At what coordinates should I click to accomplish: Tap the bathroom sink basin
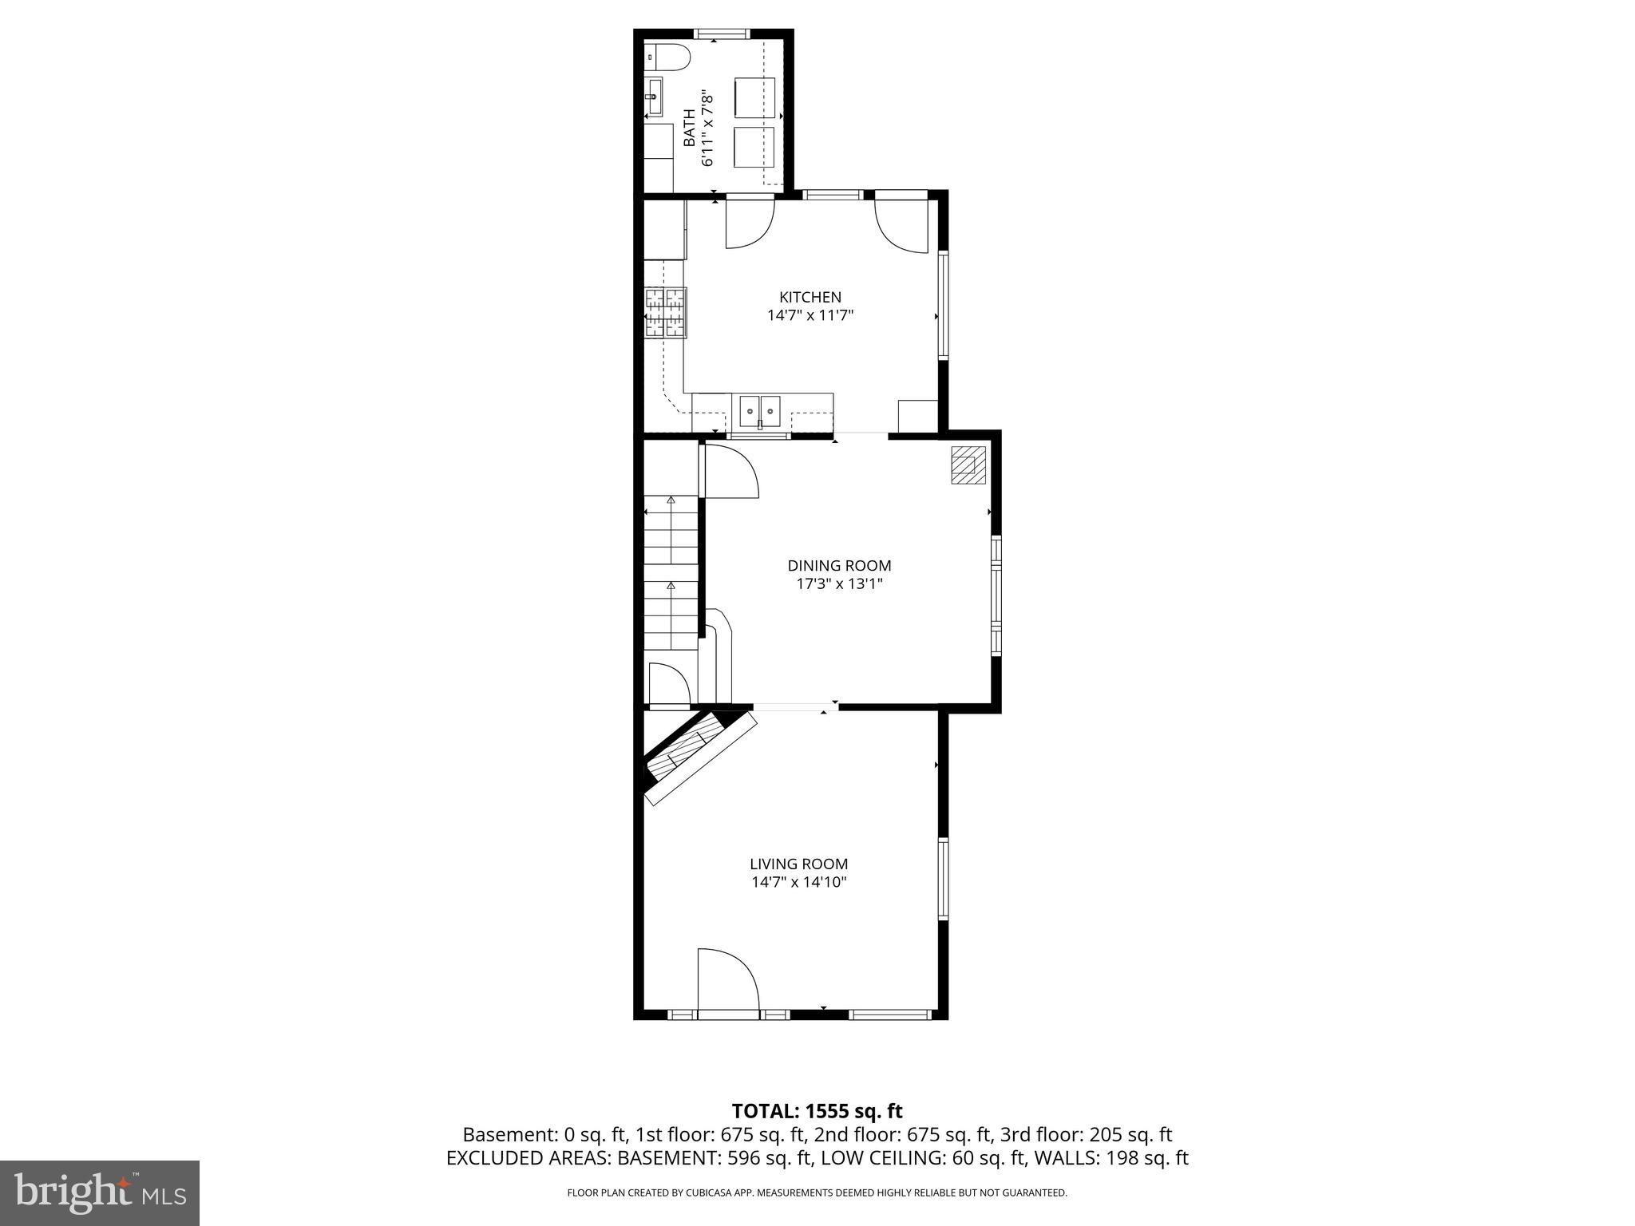(x=653, y=97)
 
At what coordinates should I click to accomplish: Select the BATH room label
(x=688, y=128)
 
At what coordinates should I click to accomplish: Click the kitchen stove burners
(x=665, y=312)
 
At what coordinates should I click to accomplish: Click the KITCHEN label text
(x=810, y=297)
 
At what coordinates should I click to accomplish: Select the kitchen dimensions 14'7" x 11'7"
(x=810, y=315)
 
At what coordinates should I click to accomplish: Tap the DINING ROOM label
(x=839, y=565)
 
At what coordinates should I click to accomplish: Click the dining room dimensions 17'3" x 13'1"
(x=839, y=583)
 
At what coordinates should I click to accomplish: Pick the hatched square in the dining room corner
(x=968, y=465)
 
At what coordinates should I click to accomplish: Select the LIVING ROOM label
(x=798, y=864)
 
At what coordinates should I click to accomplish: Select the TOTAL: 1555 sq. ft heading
(x=817, y=1111)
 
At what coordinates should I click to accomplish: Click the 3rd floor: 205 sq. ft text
(x=1086, y=1134)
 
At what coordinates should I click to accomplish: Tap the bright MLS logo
(x=100, y=1192)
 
